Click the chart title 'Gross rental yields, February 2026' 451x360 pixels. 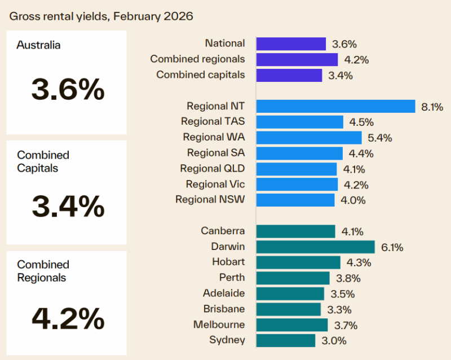click(x=101, y=16)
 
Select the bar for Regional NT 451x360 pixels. click(x=335, y=107)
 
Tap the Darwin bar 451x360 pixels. click(x=315, y=247)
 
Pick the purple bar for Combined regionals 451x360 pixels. click(x=297, y=59)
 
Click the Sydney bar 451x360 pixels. click(x=285, y=340)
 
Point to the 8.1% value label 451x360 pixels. click(x=432, y=107)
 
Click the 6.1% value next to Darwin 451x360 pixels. click(x=392, y=247)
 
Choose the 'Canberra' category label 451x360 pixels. click(x=223, y=231)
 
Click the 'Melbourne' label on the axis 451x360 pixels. click(x=218, y=324)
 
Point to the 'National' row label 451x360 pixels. click(x=225, y=43)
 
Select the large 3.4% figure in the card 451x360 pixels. click(x=68, y=207)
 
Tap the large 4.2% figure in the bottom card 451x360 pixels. click(x=68, y=319)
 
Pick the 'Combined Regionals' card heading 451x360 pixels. click(x=43, y=271)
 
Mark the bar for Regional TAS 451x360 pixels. click(x=299, y=122)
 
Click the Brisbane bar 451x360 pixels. click(x=288, y=309)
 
